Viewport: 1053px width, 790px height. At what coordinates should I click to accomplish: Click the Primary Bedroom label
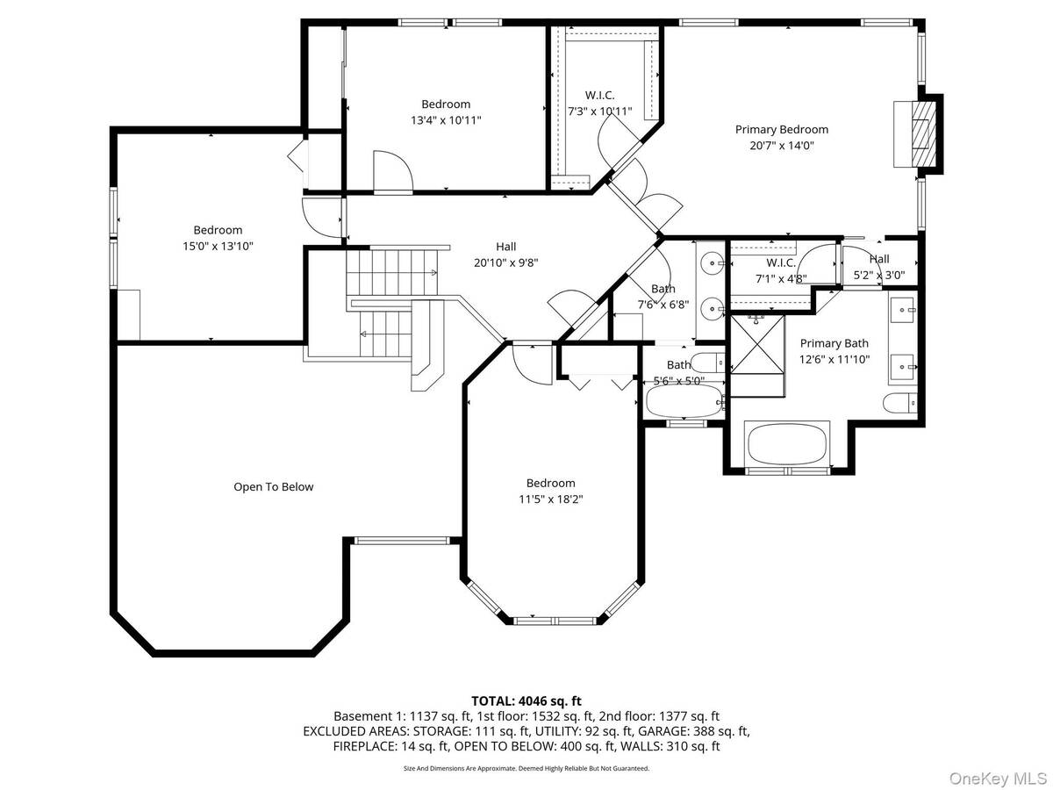point(781,130)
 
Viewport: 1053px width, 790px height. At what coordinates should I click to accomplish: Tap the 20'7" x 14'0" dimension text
point(782,146)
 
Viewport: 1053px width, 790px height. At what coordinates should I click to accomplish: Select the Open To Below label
point(273,487)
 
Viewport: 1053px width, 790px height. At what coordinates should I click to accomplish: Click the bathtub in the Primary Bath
point(787,443)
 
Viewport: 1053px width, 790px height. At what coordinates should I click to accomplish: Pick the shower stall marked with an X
point(756,343)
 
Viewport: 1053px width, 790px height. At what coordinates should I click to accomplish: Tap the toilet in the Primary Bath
point(899,402)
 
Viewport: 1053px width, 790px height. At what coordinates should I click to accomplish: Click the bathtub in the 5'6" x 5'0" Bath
point(684,400)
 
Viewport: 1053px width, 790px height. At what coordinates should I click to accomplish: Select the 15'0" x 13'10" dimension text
point(218,246)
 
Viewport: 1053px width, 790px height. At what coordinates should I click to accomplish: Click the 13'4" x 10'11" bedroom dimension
point(446,120)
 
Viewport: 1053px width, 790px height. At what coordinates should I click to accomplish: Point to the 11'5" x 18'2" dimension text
point(550,499)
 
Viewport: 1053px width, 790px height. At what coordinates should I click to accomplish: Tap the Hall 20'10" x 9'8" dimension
point(505,262)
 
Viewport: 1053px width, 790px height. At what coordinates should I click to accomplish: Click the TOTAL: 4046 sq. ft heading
point(526,701)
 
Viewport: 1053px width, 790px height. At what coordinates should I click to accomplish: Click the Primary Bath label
point(834,343)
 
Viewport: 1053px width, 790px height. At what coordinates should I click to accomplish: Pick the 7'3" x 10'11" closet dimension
point(599,111)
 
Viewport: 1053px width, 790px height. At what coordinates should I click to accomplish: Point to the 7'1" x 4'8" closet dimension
point(781,278)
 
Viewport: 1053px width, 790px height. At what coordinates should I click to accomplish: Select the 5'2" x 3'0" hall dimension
point(879,276)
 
